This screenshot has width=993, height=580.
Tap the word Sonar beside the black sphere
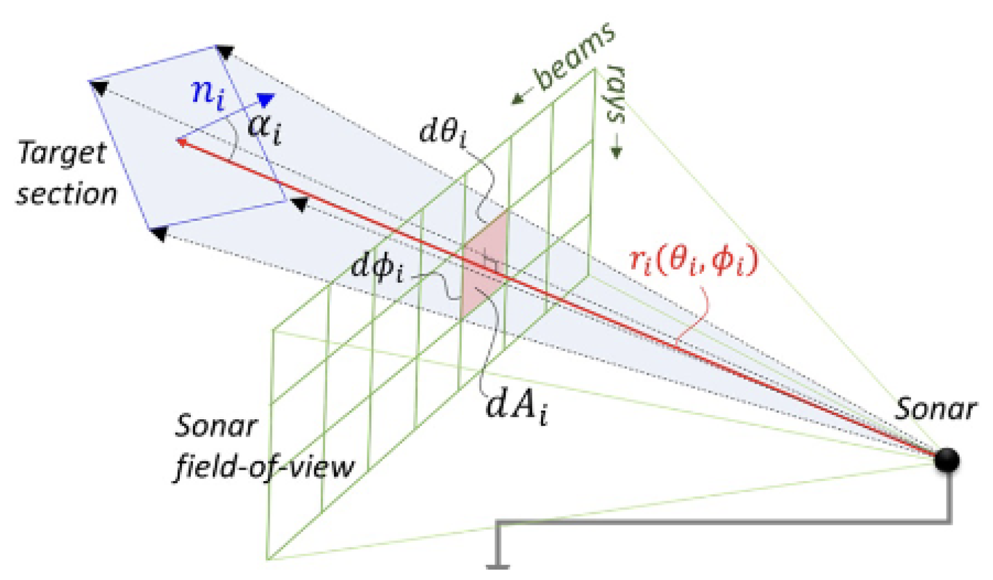coord(935,409)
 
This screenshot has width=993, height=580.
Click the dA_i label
coord(516,407)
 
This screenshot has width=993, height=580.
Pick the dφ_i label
coord(377,267)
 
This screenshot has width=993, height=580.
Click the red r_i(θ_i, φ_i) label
coord(694,260)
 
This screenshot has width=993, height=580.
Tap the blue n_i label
coord(208,93)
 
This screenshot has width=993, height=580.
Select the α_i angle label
coord(265,129)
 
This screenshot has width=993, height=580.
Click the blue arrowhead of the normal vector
coord(266,99)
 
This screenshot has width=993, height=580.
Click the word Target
coord(62,154)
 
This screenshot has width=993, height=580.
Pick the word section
coord(67,194)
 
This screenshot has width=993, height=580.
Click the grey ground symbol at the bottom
coord(498,566)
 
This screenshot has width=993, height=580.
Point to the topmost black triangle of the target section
coord(225,52)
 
